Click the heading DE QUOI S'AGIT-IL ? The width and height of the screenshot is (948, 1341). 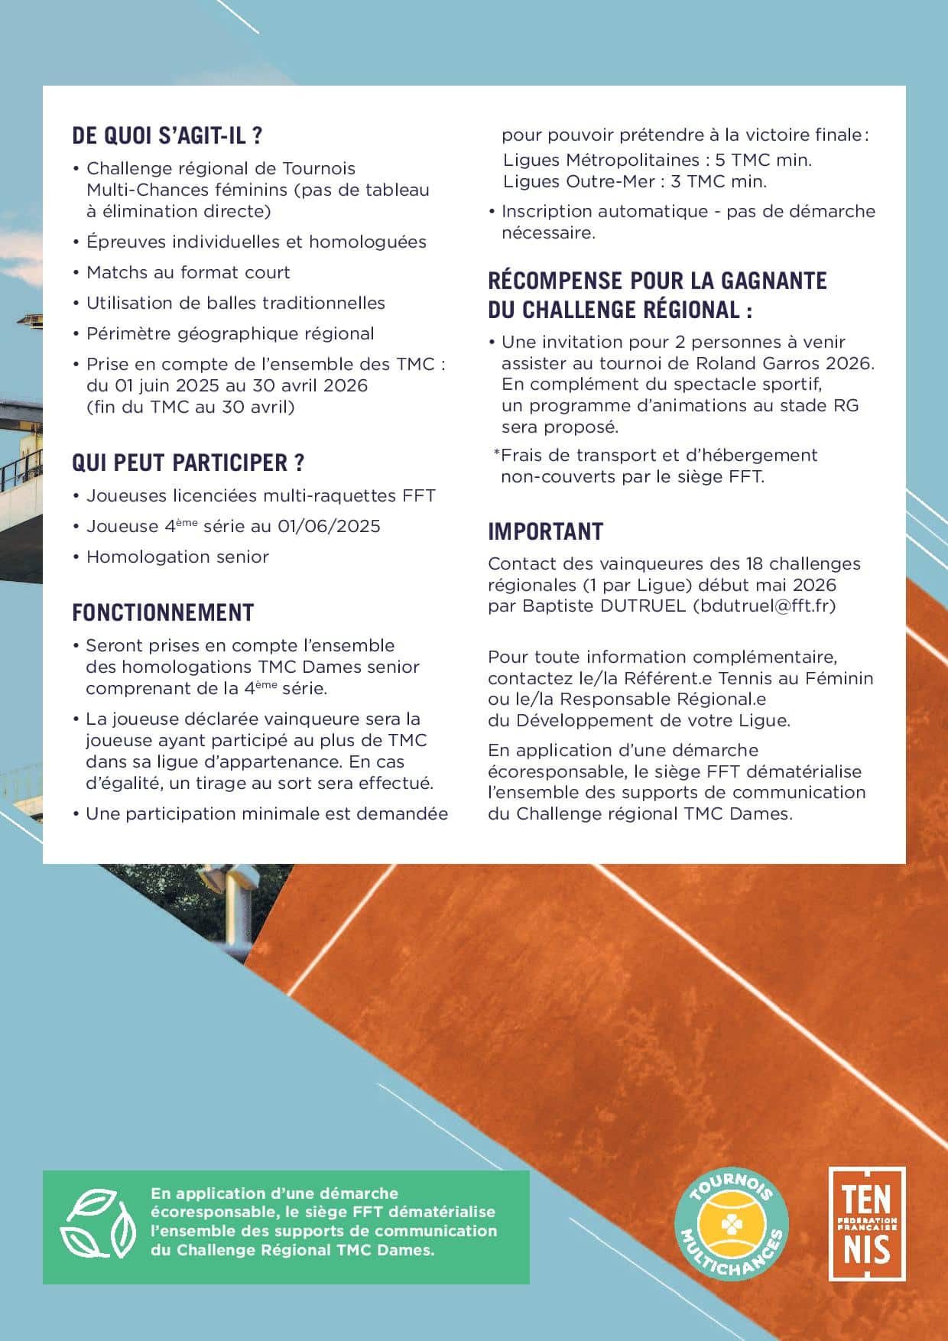click(x=167, y=136)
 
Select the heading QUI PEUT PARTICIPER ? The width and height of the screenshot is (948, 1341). click(x=188, y=463)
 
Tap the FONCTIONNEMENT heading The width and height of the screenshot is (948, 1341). click(x=163, y=612)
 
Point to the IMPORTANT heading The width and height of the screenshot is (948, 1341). click(x=545, y=531)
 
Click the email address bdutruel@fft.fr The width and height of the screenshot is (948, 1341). click(x=765, y=606)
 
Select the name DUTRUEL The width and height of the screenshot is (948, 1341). click(x=644, y=606)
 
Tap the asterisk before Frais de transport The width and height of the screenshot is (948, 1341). click(x=496, y=454)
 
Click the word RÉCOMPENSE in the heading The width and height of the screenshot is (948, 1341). click(x=555, y=281)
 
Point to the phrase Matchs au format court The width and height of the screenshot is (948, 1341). click(x=188, y=272)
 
